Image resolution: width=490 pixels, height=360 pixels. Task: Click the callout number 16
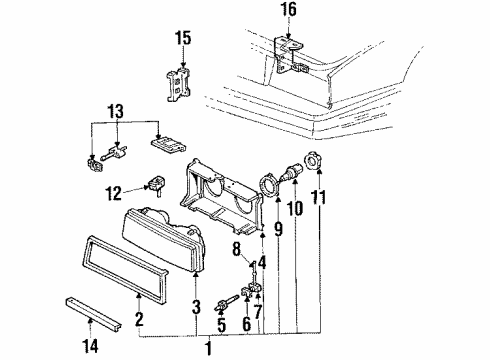coord(288,12)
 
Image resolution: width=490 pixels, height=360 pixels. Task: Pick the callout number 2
coord(140,320)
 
